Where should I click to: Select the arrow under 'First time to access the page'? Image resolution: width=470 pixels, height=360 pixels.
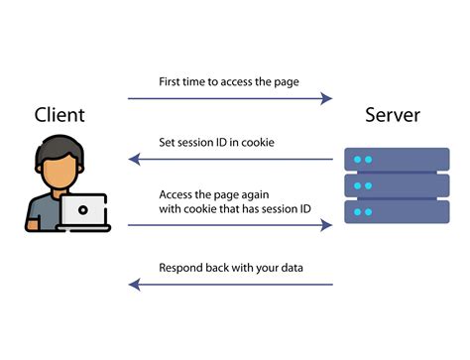pyautogui.click(x=229, y=98)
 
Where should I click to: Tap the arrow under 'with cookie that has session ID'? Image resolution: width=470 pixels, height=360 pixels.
pyautogui.click(x=229, y=226)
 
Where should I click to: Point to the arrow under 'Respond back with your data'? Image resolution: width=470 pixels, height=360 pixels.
pyautogui.click(x=229, y=286)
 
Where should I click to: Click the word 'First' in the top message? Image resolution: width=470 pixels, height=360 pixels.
pyautogui.click(x=172, y=80)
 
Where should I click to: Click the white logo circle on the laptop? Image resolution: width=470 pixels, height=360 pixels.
pyautogui.click(x=82, y=209)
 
